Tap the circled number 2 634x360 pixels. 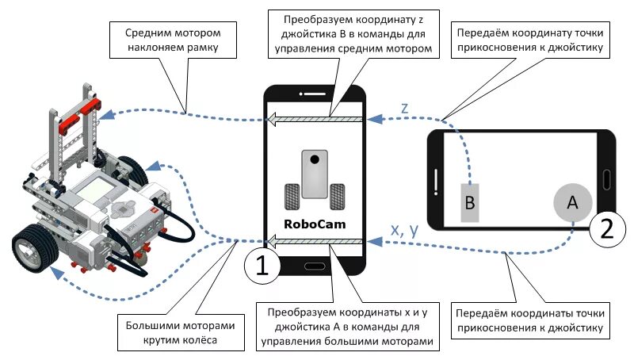pos(606,228)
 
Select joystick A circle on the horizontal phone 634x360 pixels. pos(571,203)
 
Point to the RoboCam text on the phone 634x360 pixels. pos(315,224)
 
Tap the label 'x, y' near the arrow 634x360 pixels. pos(405,229)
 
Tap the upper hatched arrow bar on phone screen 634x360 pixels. pos(315,121)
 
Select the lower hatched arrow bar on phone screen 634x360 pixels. pos(315,240)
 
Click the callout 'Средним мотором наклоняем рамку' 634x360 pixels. pos(172,41)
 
